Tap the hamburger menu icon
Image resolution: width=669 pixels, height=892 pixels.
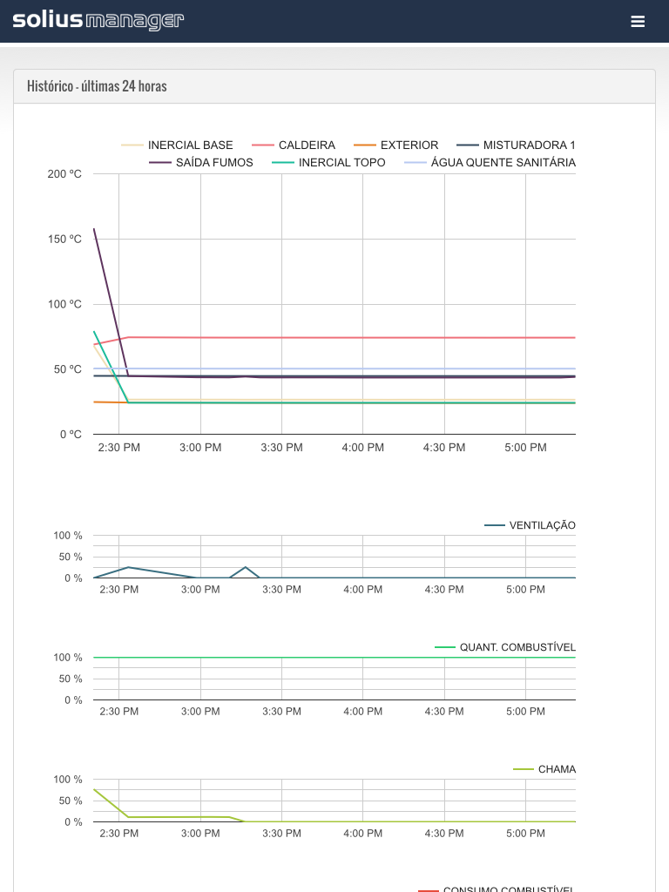coord(638,22)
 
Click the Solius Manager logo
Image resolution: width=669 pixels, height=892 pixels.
coord(98,21)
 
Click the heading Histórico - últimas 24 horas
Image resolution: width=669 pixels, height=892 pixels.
coord(97,86)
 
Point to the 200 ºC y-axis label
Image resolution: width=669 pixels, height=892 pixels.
coord(64,174)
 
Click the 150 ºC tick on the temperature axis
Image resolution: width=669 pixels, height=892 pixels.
coord(64,239)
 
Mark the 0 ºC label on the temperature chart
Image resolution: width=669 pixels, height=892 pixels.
coord(71,434)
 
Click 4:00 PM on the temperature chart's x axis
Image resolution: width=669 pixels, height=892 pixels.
coord(363,448)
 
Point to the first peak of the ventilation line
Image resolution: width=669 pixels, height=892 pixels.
coord(128,567)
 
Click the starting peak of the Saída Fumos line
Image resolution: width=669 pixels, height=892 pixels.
coord(94,229)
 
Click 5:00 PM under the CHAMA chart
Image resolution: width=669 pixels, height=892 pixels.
coord(526,834)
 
